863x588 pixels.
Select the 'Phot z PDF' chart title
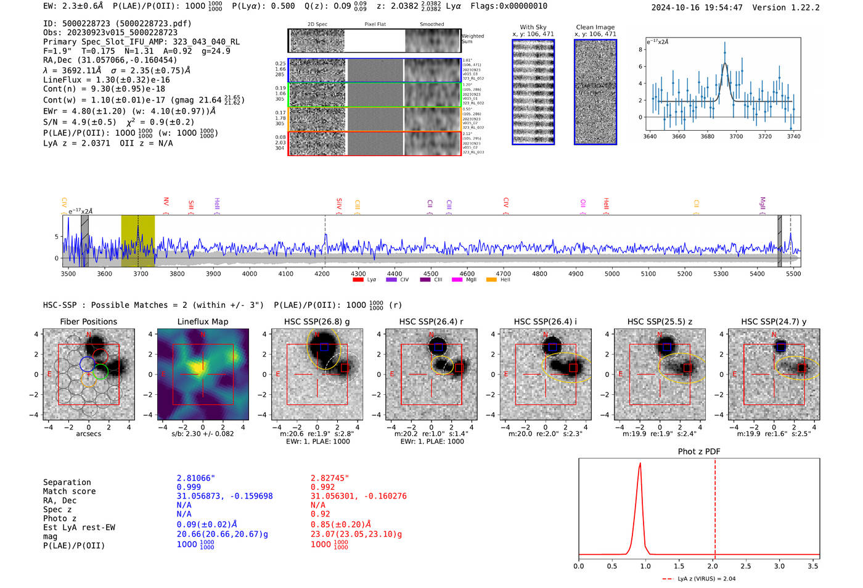pos(698,452)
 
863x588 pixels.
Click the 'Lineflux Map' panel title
pos(202,321)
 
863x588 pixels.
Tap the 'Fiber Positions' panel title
pos(88,321)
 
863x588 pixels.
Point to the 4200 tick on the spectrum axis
pos(322,273)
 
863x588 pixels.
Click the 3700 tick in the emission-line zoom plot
pos(736,136)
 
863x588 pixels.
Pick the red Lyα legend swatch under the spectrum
pos(358,280)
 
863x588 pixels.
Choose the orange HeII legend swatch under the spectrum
pos(491,280)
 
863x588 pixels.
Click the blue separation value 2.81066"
pos(195,478)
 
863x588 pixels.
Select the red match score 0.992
pos(323,487)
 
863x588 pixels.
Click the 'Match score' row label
pos(69,491)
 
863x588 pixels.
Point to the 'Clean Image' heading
pos(595,27)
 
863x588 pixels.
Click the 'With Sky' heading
pos(533,27)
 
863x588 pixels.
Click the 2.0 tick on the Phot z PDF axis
pos(712,566)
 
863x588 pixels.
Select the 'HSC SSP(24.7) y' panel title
pos(774,321)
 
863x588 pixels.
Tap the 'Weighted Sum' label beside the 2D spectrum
pos(472,39)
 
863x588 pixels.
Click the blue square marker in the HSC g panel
pos(324,347)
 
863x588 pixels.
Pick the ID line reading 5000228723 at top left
pos(117,23)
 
